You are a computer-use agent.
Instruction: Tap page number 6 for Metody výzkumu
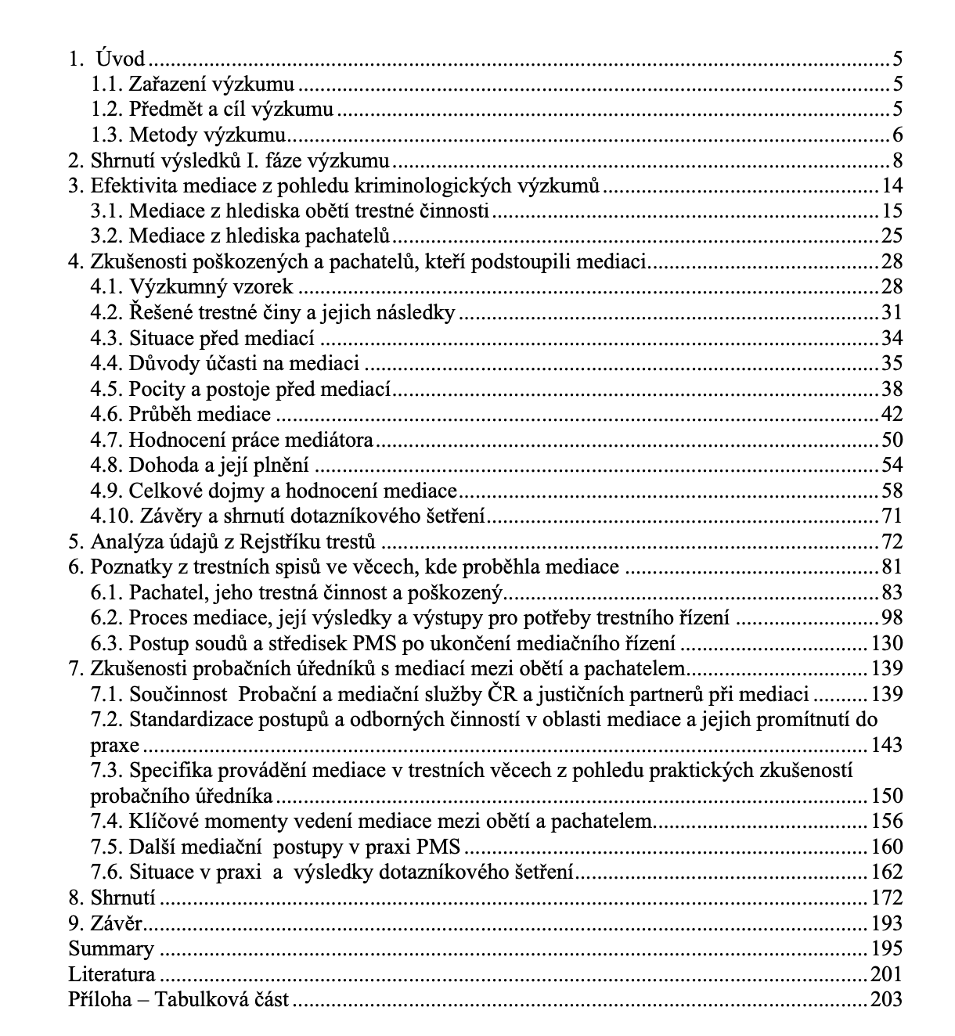[897, 135]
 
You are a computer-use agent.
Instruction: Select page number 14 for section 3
[892, 185]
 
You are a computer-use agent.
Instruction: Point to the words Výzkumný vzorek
[211, 286]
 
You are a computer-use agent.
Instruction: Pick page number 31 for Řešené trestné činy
[892, 312]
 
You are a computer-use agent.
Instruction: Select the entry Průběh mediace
[200, 414]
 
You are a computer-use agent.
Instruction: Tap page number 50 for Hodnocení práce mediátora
[892, 440]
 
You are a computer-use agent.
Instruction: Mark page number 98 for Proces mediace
[892, 617]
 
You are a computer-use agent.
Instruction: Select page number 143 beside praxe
[887, 744]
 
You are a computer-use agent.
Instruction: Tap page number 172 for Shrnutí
[887, 898]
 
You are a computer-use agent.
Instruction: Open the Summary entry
[111, 948]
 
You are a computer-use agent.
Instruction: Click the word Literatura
[112, 974]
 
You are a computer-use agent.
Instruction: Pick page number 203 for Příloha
[887, 999]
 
